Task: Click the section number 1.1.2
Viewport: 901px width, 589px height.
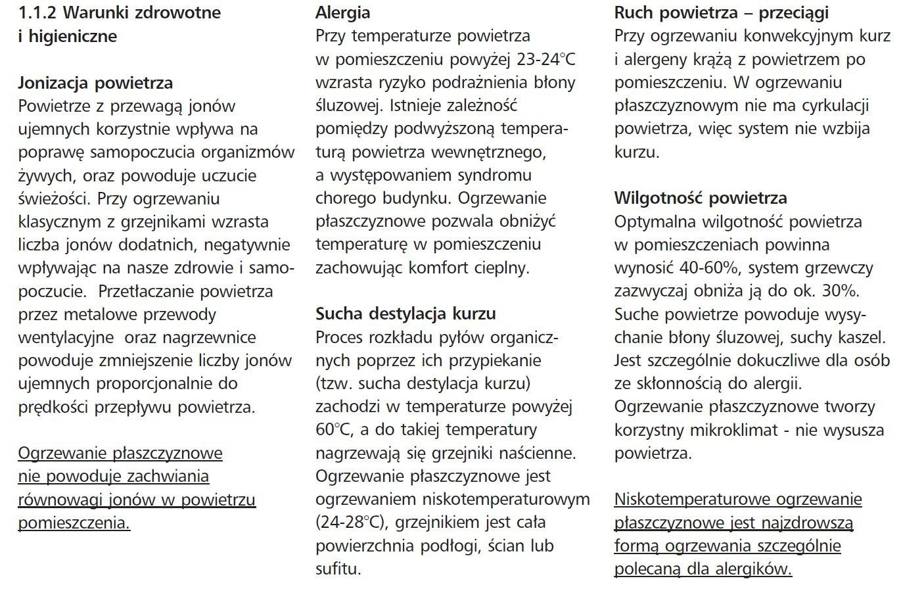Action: (x=40, y=12)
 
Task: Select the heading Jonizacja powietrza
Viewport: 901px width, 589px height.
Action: (x=96, y=83)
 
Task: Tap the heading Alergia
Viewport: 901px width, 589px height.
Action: (x=343, y=12)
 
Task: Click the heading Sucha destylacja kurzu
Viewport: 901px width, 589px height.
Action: (x=406, y=313)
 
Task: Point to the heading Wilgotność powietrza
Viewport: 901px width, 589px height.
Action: (x=701, y=198)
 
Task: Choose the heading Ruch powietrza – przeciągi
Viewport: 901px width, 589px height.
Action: (x=721, y=12)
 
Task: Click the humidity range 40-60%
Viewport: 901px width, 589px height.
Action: (x=709, y=268)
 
